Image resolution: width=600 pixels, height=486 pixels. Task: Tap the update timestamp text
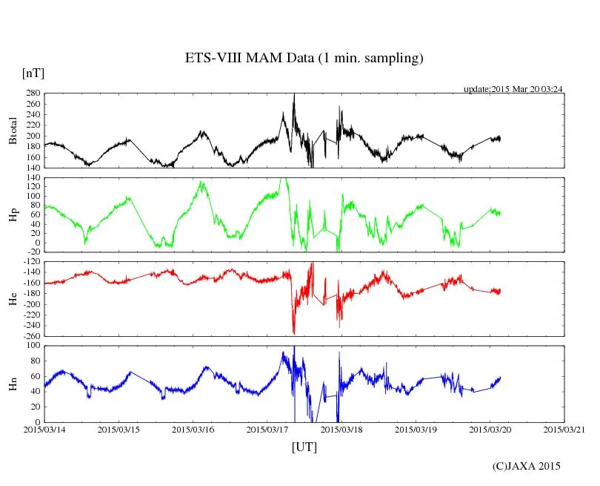(513, 88)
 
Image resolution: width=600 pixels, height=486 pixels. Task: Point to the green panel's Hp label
(13, 214)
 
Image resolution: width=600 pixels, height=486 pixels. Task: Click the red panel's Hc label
(13, 298)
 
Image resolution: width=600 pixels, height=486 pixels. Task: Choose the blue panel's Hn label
(13, 384)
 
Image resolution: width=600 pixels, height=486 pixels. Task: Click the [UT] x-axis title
(304, 447)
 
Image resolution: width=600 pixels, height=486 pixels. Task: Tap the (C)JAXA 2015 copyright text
(527, 466)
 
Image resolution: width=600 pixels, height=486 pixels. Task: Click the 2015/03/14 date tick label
(44, 430)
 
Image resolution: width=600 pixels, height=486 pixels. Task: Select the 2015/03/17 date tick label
(267, 430)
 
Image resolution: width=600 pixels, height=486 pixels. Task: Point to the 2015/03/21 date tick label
(564, 430)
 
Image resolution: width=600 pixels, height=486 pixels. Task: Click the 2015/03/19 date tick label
(416, 430)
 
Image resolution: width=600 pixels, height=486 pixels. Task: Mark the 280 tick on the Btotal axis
(33, 93)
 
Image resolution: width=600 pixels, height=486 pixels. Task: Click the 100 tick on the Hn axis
(33, 346)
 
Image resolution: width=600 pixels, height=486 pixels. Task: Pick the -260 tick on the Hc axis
(30, 335)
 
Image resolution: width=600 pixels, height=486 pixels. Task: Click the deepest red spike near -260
(294, 333)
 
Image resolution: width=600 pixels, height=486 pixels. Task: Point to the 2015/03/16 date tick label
(193, 430)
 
